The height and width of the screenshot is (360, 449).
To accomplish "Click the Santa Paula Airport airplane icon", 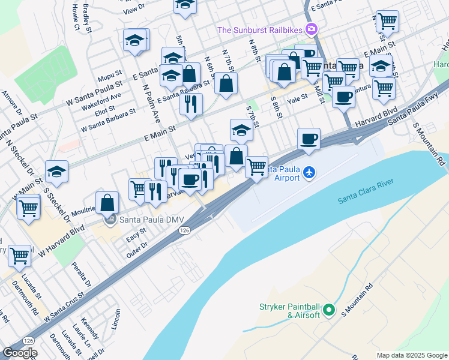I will [309, 173].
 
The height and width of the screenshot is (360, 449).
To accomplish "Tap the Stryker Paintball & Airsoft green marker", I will [328, 310].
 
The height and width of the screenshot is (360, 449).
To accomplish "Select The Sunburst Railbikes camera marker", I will [311, 29].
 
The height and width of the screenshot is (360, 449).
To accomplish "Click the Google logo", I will [19, 353].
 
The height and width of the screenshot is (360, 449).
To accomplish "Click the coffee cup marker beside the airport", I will [309, 139].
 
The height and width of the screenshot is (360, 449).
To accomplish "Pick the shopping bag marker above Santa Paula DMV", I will [107, 202].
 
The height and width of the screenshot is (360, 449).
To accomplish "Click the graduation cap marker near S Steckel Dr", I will [57, 172].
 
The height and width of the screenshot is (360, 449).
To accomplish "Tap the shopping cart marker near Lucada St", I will [20, 255].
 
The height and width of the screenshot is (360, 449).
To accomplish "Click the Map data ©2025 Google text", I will [411, 355].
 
